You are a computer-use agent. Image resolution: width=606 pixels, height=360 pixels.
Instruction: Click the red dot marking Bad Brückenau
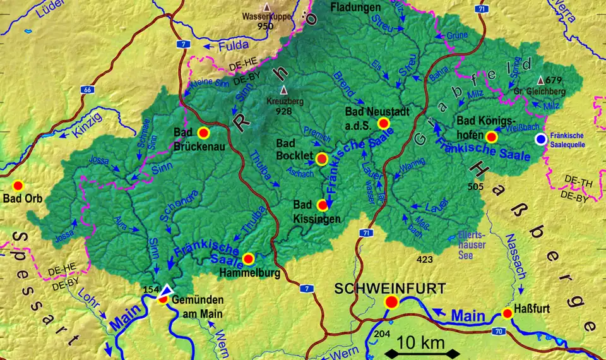(x=203, y=133)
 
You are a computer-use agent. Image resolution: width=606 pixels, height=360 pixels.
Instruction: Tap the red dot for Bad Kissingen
(x=323, y=205)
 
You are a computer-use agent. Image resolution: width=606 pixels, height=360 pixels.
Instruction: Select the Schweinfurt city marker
(x=391, y=303)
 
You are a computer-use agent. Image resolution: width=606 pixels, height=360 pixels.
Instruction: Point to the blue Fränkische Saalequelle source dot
(x=540, y=139)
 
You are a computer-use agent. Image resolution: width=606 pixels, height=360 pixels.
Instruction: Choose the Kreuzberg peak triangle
(x=283, y=89)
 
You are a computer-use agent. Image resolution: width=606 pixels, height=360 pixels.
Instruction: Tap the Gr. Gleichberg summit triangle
(x=540, y=80)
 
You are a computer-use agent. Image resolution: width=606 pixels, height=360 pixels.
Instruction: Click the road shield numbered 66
(x=86, y=91)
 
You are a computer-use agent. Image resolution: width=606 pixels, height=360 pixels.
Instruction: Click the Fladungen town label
(x=356, y=7)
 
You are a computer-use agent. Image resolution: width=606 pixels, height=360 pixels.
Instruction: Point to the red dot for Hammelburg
(x=248, y=258)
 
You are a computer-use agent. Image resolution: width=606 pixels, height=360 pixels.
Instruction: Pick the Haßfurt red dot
(x=507, y=313)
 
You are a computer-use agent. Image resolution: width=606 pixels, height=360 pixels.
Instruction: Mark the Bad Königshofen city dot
(x=492, y=136)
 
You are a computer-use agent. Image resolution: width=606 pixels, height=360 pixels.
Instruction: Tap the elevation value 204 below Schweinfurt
(x=383, y=333)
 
